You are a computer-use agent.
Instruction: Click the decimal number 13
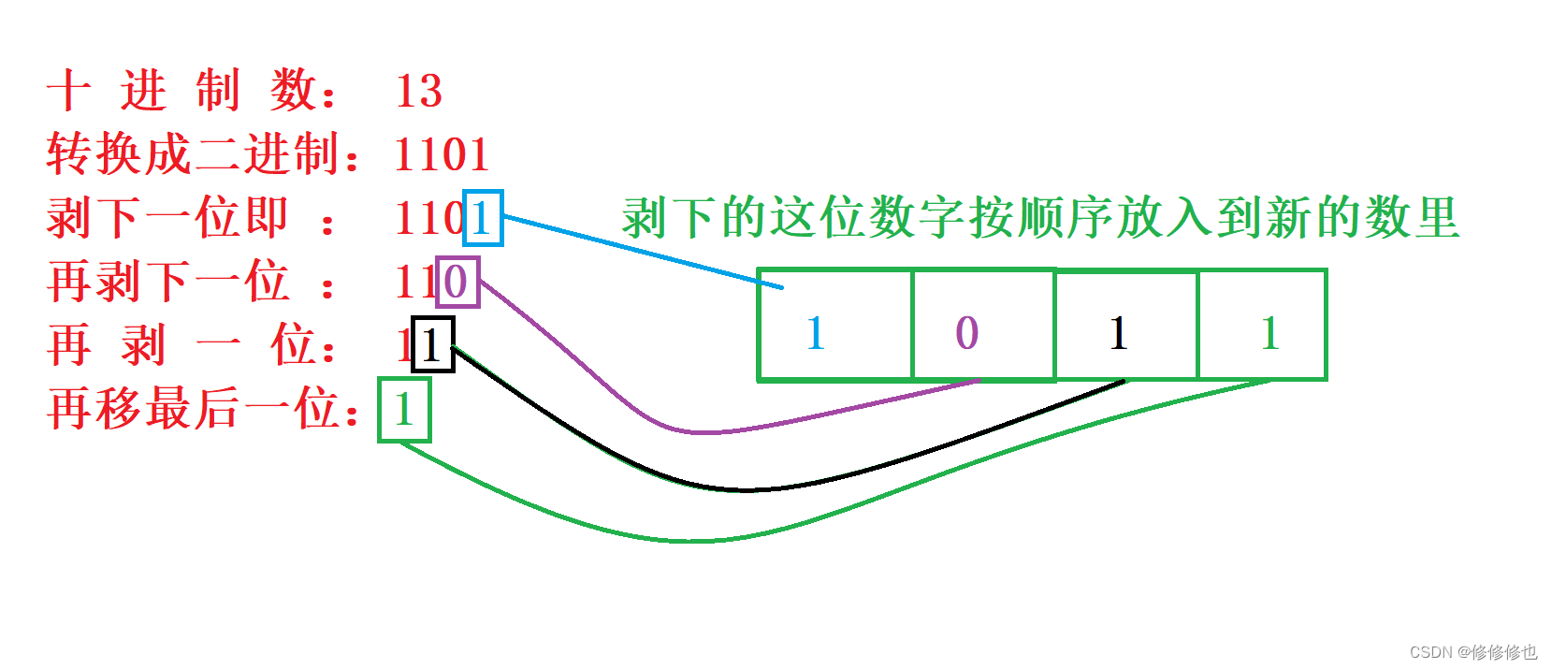[418, 91]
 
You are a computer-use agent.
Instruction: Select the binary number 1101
[442, 154]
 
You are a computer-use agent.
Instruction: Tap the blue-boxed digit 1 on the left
[483, 218]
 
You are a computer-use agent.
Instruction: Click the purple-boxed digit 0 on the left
[457, 282]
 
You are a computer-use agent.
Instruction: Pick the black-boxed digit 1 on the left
[432, 345]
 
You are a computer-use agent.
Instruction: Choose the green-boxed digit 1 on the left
[404, 409]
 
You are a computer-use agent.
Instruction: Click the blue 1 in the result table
[815, 333]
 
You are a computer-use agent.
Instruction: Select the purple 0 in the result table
[966, 333]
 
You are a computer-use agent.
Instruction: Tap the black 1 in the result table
[1118, 333]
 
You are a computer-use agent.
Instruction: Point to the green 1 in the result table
[1269, 333]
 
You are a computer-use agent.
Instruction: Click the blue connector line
[636, 251]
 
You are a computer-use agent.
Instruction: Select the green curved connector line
[692, 540]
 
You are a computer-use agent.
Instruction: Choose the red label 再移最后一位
[201, 409]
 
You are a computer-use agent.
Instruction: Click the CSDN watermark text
[1472, 652]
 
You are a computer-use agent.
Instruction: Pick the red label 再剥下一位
[168, 282]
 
